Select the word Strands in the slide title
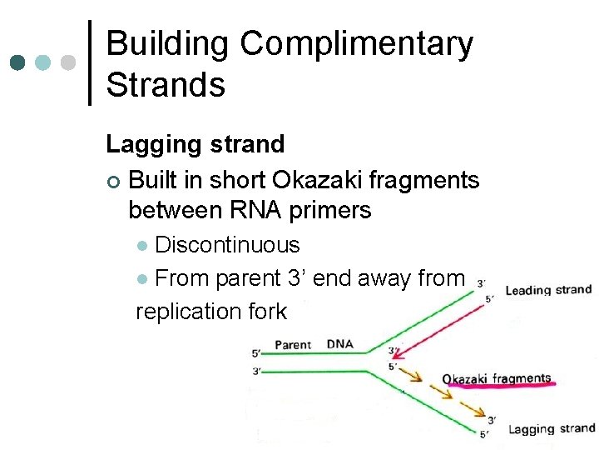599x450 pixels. coord(166,84)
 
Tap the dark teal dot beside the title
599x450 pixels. coord(17,62)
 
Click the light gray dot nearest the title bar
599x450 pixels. coord(70,62)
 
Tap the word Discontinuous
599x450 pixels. coord(227,245)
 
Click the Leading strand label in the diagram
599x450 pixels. coord(547,291)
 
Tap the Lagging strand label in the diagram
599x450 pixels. coord(552,429)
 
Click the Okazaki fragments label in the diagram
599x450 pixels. coord(497,379)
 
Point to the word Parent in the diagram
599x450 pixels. coord(292,345)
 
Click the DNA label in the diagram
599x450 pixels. coord(340,344)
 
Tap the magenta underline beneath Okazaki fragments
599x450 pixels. coord(499,387)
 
